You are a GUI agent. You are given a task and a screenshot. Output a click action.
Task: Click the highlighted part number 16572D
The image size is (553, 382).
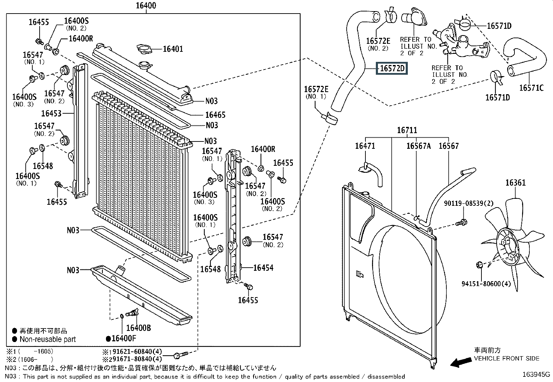[392, 68]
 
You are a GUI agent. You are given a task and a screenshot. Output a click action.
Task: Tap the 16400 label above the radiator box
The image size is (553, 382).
[146, 6]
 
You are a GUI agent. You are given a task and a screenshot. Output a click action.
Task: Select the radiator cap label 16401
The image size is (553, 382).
[173, 49]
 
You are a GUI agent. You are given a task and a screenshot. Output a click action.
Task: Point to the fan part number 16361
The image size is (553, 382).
[515, 183]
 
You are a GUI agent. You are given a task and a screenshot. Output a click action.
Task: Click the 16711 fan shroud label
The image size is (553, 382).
[407, 130]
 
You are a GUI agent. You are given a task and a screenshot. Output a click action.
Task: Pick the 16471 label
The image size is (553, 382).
[365, 146]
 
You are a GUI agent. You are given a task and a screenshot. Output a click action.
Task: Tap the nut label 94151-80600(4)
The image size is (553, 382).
[486, 284]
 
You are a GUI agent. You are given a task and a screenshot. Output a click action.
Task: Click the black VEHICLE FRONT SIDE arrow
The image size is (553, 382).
[459, 363]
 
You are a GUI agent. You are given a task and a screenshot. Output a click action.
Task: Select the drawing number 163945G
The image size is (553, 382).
[536, 374]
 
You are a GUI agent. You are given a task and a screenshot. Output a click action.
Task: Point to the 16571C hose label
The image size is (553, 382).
[531, 88]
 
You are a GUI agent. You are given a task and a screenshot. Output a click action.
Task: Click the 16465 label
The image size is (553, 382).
[215, 115]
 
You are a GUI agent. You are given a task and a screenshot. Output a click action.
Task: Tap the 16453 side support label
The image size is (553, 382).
[51, 113]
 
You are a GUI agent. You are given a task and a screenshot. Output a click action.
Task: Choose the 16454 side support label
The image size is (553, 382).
[263, 268]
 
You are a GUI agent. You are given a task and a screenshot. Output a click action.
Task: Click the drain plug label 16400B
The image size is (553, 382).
[138, 328]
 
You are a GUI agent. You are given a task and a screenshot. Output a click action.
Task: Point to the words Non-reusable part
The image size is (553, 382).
[48, 339]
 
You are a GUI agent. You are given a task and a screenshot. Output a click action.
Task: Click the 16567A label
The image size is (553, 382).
[419, 146]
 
